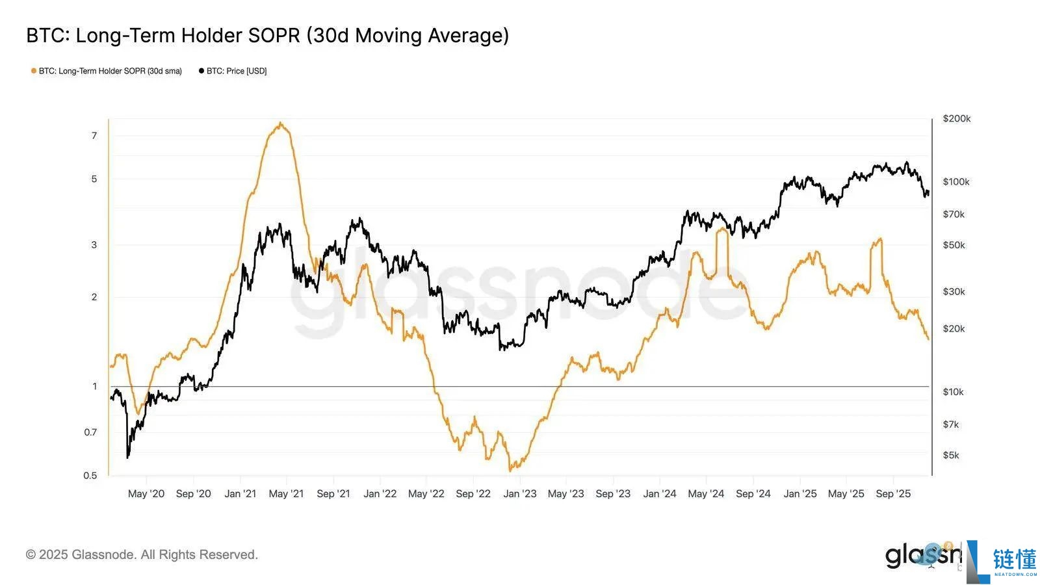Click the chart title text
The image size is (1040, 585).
click(x=267, y=35)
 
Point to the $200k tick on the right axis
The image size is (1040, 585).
click(x=956, y=118)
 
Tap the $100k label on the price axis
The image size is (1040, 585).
click(x=955, y=181)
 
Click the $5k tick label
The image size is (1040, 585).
click(x=951, y=455)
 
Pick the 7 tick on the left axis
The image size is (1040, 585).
click(x=94, y=135)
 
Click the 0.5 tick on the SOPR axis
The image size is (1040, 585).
click(x=90, y=475)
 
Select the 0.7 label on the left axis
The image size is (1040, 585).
click(x=90, y=432)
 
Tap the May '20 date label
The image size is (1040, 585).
click(x=146, y=493)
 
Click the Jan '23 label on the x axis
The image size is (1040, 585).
click(x=520, y=493)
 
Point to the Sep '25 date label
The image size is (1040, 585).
click(x=893, y=493)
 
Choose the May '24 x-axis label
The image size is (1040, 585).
click(x=706, y=493)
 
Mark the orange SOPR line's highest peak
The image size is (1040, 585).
click(x=280, y=123)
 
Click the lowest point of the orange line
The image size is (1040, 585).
click(x=511, y=470)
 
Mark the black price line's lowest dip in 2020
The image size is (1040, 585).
click(x=127, y=458)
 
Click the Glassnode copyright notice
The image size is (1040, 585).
click(x=142, y=554)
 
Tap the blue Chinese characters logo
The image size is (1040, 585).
click(x=1014, y=559)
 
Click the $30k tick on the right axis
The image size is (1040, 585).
click(x=954, y=291)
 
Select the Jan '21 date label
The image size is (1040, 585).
click(x=240, y=493)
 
